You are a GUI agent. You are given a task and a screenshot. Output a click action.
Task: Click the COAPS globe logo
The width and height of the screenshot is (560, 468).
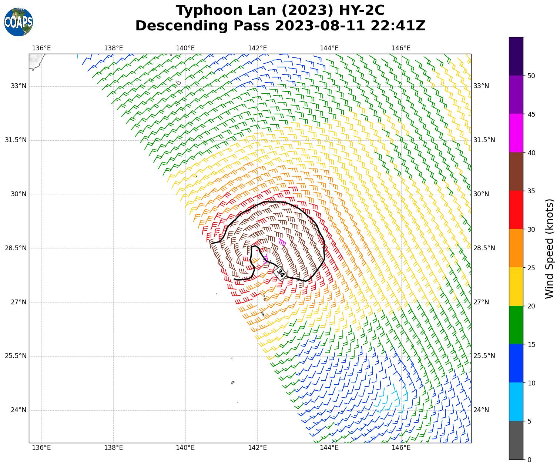pyautogui.click(x=18, y=22)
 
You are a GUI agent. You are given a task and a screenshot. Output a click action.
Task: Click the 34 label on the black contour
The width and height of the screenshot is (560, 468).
pyautogui.click(x=281, y=273)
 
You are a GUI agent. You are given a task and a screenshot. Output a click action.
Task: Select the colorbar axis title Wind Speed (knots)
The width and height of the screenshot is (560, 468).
pyautogui.click(x=550, y=248)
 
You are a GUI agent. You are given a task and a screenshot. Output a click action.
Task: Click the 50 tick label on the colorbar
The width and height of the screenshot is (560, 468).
pyautogui.click(x=531, y=76)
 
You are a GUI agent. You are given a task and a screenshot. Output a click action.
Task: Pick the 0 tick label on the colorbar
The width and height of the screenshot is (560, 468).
pyautogui.click(x=529, y=460)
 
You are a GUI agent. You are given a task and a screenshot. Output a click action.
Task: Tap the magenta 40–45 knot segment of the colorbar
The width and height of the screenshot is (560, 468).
pyautogui.click(x=516, y=133)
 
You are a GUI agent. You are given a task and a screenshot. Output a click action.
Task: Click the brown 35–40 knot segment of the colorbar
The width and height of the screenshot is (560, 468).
pyautogui.click(x=516, y=171)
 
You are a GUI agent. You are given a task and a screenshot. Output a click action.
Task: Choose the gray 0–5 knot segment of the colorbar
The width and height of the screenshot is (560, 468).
pyautogui.click(x=516, y=440)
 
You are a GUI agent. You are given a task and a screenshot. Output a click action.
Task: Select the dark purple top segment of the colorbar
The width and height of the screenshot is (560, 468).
pyautogui.click(x=516, y=56)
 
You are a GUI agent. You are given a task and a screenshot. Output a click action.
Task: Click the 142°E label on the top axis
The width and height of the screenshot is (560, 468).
pyautogui.click(x=257, y=48)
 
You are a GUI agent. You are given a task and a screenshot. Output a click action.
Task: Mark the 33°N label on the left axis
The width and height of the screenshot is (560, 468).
pyautogui.click(x=19, y=86)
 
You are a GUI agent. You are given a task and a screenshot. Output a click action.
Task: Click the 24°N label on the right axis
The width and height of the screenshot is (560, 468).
pyautogui.click(x=481, y=410)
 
